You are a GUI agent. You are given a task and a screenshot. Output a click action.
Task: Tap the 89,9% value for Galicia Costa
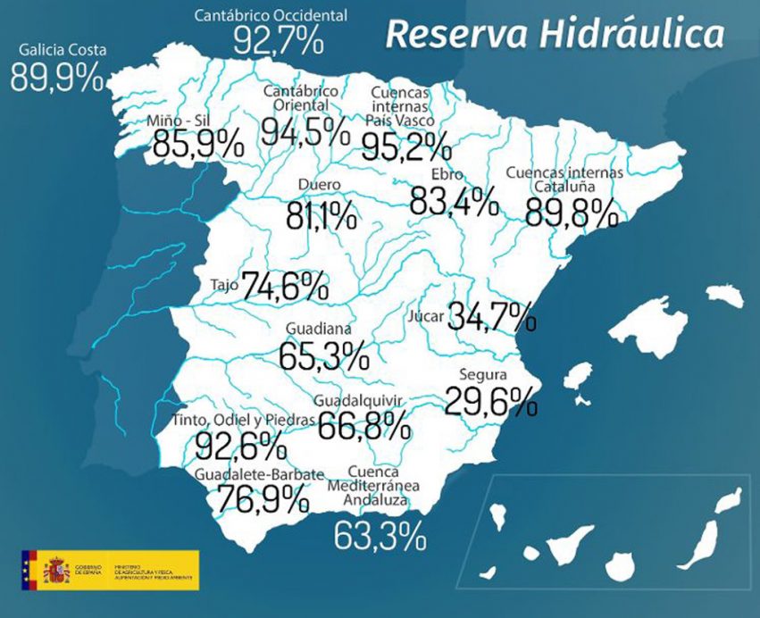57,79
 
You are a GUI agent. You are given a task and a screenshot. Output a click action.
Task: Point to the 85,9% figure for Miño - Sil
197,143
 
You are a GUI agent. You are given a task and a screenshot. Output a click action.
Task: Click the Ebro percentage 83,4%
453,201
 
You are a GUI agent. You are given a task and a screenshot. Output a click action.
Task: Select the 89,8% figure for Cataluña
572,213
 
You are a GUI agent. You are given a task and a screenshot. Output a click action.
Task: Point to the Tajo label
224,286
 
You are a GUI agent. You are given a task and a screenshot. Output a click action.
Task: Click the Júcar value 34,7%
491,316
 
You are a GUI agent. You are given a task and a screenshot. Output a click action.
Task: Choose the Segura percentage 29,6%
490,401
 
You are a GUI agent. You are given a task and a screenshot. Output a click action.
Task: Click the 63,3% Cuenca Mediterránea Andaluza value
380,536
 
